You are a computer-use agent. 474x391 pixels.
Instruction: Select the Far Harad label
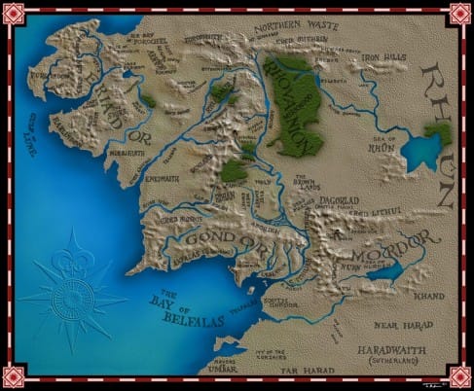(x=299, y=371)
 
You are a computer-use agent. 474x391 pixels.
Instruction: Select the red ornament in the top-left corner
(x=14, y=14)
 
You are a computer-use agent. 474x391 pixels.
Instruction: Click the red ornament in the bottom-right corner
(x=459, y=376)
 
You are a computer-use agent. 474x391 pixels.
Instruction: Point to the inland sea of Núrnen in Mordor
(x=383, y=271)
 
